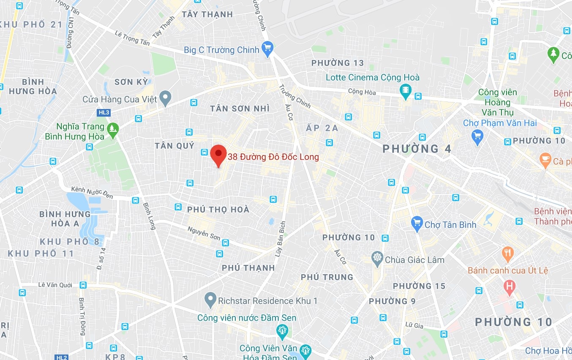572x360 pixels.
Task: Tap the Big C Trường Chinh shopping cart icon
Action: pos(267,49)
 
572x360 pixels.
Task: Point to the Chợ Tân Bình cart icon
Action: pos(417,224)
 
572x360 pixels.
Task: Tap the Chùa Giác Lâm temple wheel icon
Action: pos(377,258)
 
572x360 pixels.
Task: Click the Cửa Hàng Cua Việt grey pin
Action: pos(165,99)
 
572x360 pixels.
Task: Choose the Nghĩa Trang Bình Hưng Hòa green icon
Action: pos(112,130)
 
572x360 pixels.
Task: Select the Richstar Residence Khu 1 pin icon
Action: pos(210,300)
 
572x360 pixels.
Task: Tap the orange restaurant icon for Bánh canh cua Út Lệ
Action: pos(507,254)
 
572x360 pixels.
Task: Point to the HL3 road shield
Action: pos(103,112)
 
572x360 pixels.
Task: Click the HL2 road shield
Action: pos(61,357)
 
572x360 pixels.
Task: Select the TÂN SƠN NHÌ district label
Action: pos(240,109)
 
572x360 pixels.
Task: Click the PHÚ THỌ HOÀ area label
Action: pos(218,210)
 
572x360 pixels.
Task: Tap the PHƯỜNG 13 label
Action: pos(338,63)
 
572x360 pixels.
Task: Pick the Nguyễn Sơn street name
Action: pos(204,233)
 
